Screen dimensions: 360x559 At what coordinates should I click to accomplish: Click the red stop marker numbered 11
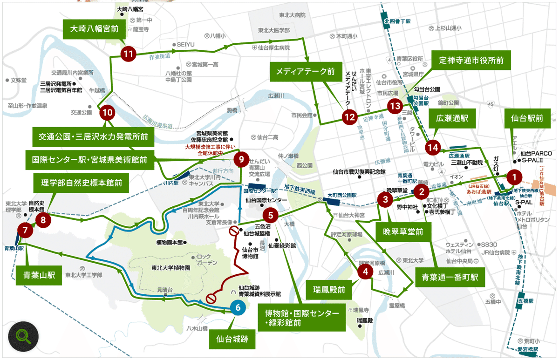(128, 54)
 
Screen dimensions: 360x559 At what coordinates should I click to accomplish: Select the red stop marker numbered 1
(514, 177)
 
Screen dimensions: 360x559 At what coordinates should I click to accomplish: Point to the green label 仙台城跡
(235, 340)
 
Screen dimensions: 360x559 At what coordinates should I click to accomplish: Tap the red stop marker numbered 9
(241, 159)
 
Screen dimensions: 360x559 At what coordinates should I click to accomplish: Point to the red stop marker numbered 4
(366, 272)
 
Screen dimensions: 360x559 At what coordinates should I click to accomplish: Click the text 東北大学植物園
(170, 268)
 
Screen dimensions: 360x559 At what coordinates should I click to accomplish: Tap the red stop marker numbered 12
(349, 117)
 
